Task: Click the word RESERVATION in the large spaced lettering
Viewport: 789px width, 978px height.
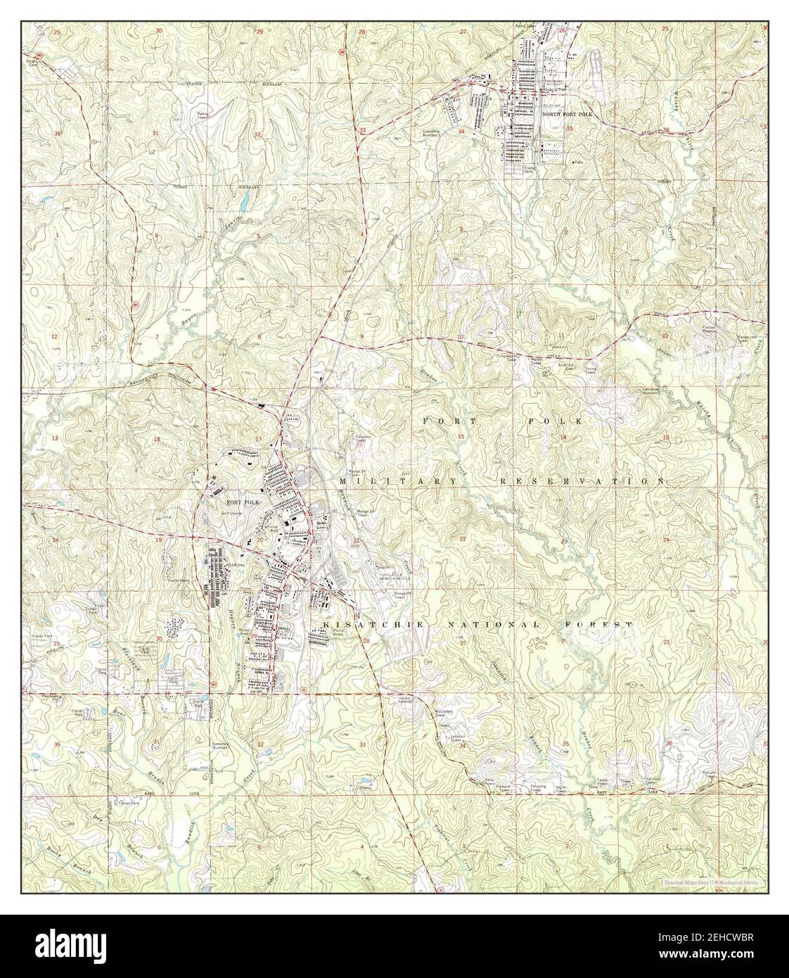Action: pos(581,481)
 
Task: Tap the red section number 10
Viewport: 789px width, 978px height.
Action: pos(460,338)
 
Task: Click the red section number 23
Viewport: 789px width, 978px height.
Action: pos(565,540)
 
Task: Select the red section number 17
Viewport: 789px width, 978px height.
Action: pos(258,440)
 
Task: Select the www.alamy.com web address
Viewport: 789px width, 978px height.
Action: pos(729,954)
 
